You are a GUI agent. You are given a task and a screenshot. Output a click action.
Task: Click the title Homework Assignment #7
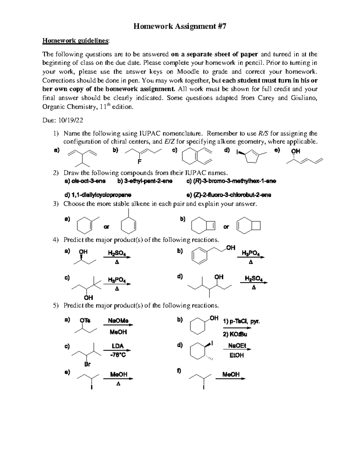[x=180, y=26]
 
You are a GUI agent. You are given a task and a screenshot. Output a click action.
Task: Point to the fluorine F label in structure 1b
[x=139, y=162]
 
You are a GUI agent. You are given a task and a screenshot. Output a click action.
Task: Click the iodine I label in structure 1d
[x=237, y=153]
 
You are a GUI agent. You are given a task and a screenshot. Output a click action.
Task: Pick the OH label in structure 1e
[x=295, y=151]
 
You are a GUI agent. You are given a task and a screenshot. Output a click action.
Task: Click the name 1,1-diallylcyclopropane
[x=98, y=195]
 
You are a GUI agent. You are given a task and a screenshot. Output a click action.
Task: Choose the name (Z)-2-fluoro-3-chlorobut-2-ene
[x=229, y=195]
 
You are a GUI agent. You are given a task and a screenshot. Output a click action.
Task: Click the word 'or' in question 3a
[x=106, y=227]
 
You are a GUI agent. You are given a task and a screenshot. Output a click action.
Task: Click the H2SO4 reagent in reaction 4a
[x=117, y=254]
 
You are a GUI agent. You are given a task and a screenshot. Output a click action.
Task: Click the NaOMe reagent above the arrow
[x=118, y=320]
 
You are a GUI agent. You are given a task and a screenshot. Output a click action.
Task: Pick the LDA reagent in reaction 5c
[x=118, y=346]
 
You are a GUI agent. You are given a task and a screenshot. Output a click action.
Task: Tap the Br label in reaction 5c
[x=87, y=364]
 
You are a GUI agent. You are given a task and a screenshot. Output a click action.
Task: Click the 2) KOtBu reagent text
[x=235, y=334]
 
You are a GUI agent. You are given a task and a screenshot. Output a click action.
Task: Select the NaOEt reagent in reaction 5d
[x=237, y=346]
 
